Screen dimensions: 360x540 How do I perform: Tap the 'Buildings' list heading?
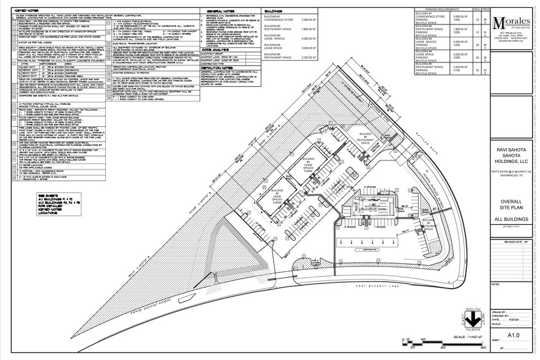click(x=271, y=11)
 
